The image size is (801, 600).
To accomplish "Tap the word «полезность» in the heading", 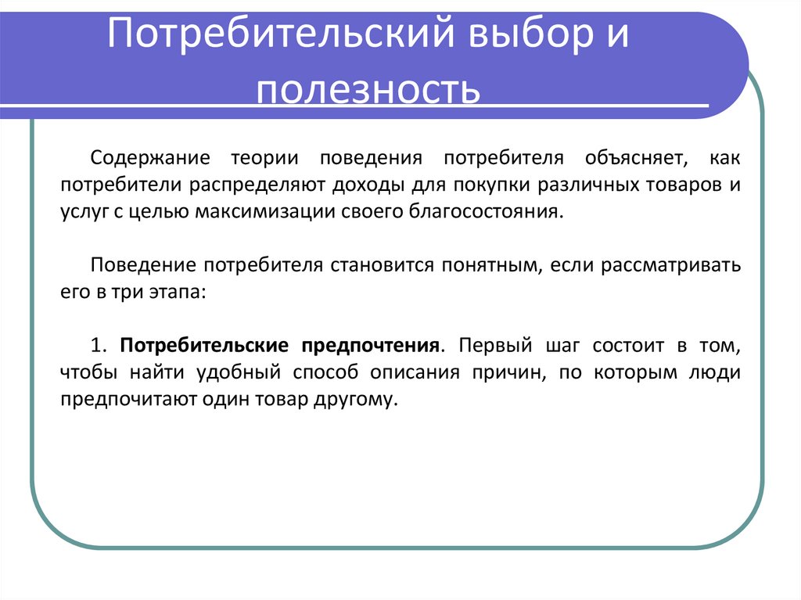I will (368, 90).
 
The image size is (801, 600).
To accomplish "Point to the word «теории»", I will (265, 158).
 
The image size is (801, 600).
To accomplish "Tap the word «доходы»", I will (366, 185).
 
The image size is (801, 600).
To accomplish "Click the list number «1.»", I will (98, 346).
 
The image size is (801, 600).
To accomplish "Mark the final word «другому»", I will (358, 399).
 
